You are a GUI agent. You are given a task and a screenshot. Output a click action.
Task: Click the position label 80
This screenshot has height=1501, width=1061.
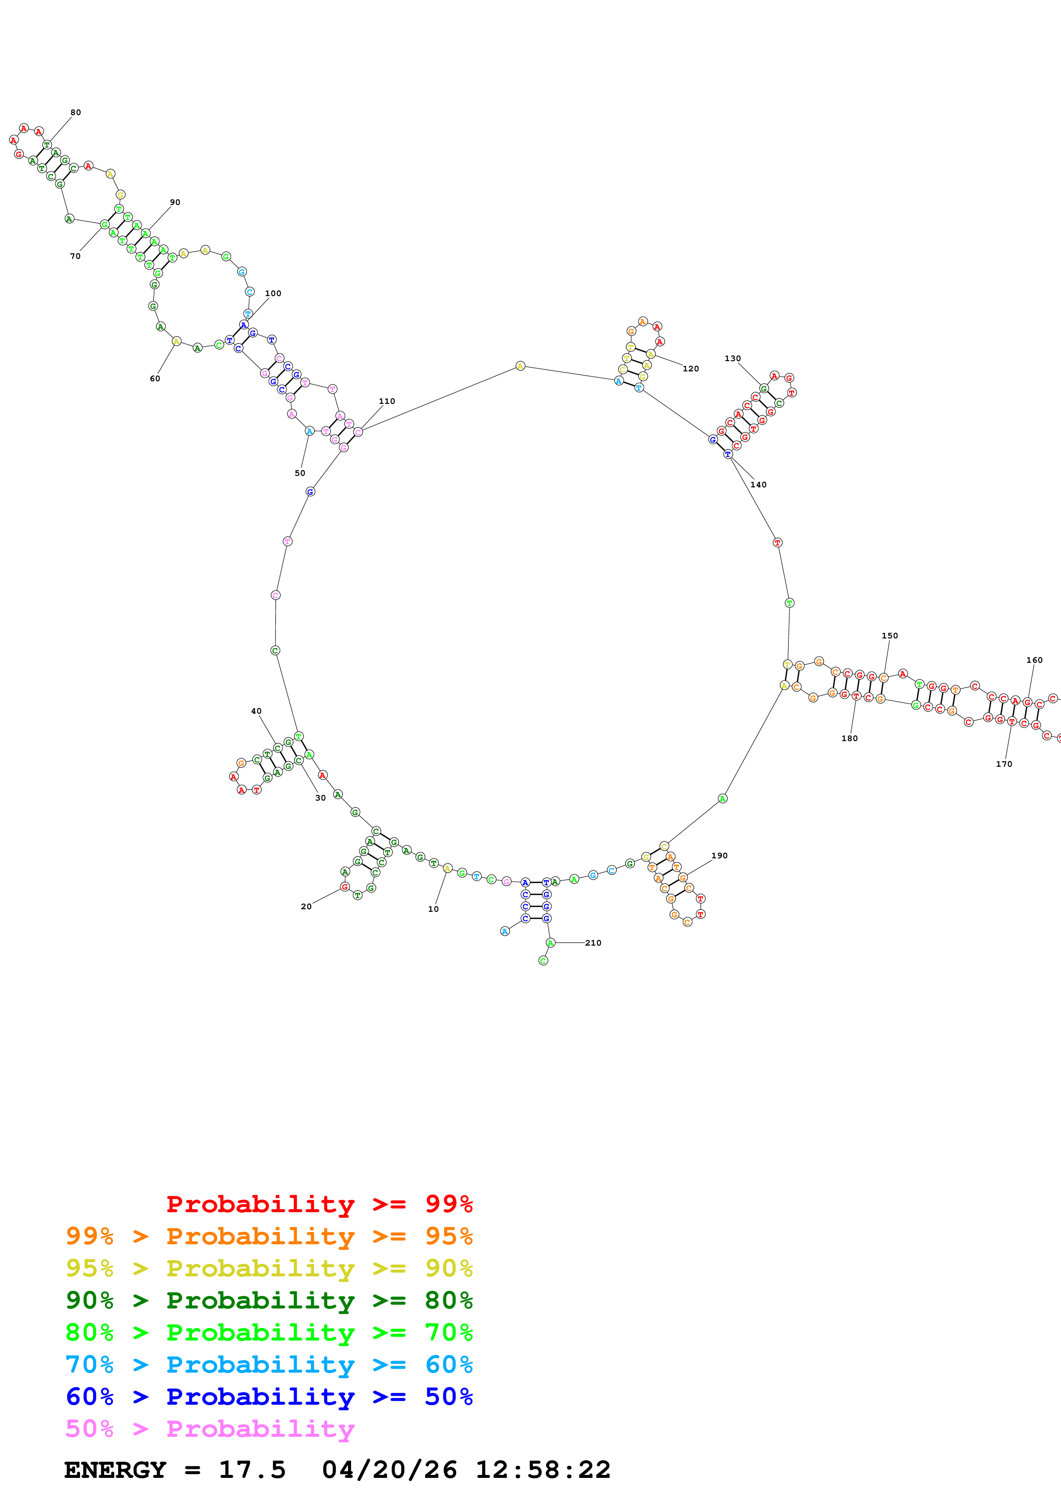pyautogui.click(x=76, y=113)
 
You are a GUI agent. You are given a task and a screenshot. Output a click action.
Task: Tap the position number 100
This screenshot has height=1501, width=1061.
pyautogui.click(x=273, y=294)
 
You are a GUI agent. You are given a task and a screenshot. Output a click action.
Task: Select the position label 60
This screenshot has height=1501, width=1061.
pyautogui.click(x=155, y=379)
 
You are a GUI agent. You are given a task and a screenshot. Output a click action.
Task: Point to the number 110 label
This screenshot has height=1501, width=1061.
pyautogui.click(x=387, y=401)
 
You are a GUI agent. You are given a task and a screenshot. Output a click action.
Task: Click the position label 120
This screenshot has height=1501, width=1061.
pyautogui.click(x=691, y=369)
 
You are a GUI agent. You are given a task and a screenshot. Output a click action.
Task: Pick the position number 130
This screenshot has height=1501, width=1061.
pyautogui.click(x=733, y=358)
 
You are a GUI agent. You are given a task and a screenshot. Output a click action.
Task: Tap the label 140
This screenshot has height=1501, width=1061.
pyautogui.click(x=758, y=484)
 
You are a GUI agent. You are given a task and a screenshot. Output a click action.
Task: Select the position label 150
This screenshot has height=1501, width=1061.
pyautogui.click(x=890, y=635)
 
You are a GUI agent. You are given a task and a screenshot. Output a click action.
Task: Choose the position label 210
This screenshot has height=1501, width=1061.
pyautogui.click(x=594, y=943)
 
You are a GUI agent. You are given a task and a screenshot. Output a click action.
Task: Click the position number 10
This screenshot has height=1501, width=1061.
pyautogui.click(x=434, y=909)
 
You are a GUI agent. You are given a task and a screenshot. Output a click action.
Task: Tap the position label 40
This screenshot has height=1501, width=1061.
pyautogui.click(x=256, y=711)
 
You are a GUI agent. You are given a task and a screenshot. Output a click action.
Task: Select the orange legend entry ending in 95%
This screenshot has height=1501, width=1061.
pyautogui.click(x=269, y=1236)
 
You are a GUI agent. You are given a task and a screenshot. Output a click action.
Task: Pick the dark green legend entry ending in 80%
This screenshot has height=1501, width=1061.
pyautogui.click(x=269, y=1300)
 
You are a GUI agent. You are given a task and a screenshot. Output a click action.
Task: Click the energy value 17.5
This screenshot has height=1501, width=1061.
pyautogui.click(x=253, y=1470)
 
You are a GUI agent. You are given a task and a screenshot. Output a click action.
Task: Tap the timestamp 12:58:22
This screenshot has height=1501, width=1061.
pyautogui.click(x=543, y=1470)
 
